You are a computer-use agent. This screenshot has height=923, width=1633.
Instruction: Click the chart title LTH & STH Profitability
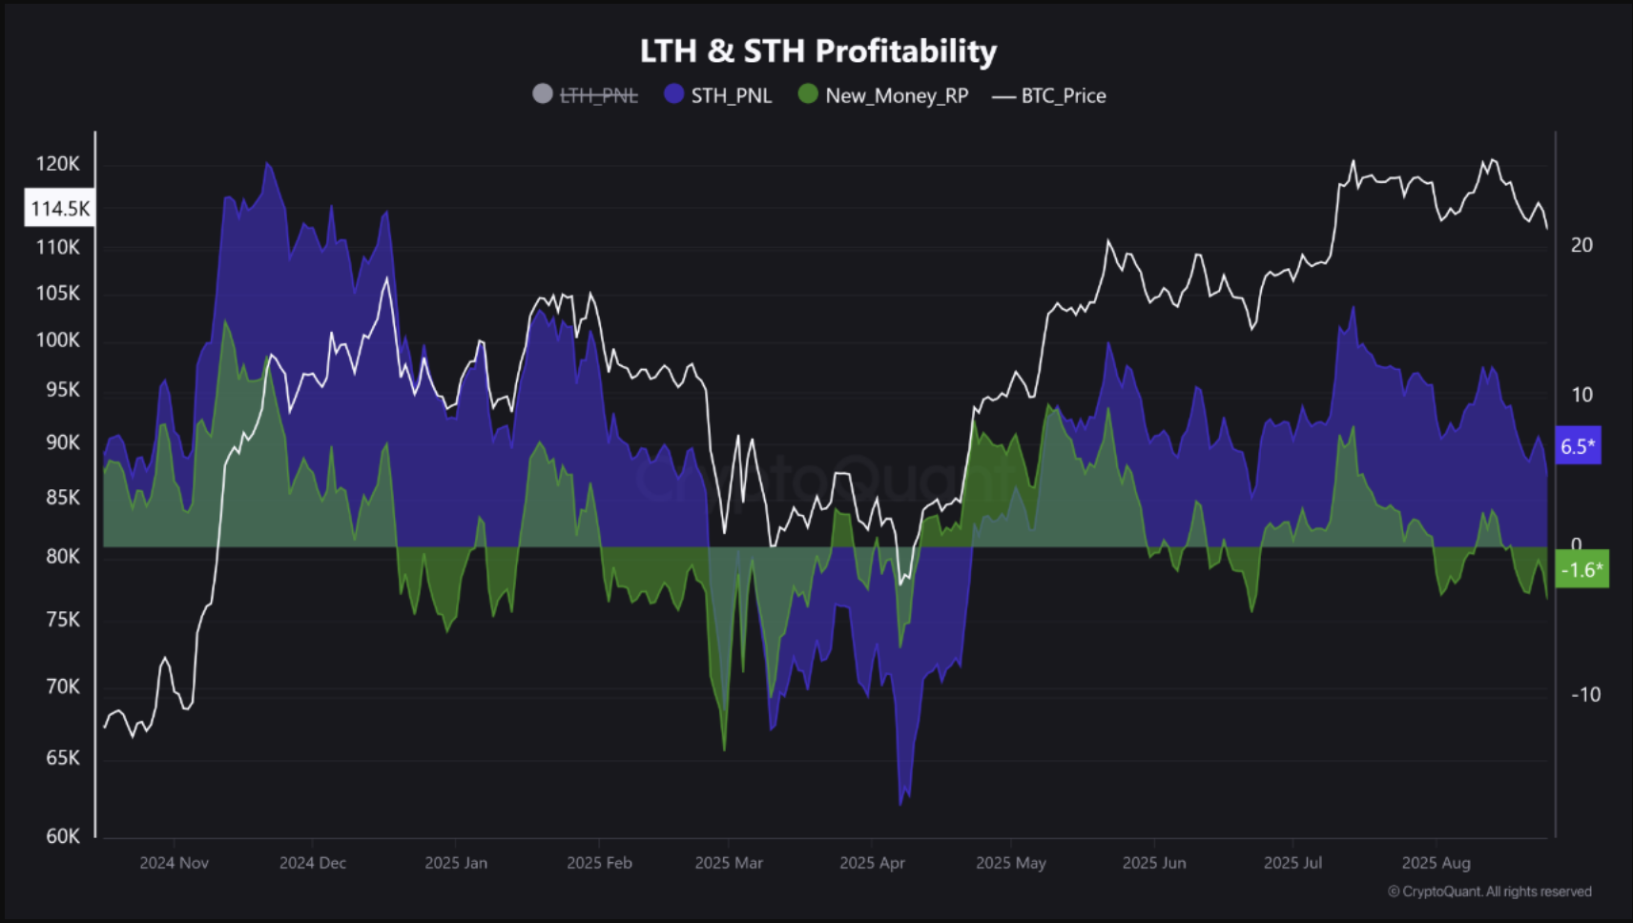(817, 51)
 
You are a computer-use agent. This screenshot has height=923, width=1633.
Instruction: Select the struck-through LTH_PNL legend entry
(586, 95)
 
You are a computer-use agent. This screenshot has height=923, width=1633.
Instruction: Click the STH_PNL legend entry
(718, 95)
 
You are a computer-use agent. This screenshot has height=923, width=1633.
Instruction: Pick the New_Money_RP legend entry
(883, 95)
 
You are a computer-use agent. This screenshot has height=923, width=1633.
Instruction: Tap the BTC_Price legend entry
(1050, 95)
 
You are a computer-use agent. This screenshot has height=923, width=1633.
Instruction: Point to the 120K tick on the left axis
(58, 164)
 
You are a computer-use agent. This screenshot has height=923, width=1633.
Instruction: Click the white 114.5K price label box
(59, 208)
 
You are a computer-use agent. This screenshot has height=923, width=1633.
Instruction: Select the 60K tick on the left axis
(63, 836)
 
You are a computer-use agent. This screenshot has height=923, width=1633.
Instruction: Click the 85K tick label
(63, 498)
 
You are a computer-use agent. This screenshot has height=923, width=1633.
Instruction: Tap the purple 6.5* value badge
(1578, 446)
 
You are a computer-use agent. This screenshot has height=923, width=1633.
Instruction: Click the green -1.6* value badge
(1581, 570)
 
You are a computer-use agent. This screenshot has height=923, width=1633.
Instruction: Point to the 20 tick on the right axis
(1581, 245)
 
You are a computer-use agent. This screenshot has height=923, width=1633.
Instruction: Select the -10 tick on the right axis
(1585, 695)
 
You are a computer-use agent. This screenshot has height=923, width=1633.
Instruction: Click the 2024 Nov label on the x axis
(174, 863)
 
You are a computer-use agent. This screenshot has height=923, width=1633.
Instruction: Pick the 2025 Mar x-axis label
(729, 863)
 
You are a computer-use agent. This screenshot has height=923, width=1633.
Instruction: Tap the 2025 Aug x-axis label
(1436, 863)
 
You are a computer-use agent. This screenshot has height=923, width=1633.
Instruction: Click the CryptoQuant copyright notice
(1489, 892)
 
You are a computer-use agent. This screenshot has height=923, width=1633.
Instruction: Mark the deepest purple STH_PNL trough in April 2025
(901, 801)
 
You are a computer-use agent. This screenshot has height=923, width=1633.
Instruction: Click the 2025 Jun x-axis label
(1154, 863)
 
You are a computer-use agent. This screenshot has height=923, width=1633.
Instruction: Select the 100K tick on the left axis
(58, 340)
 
